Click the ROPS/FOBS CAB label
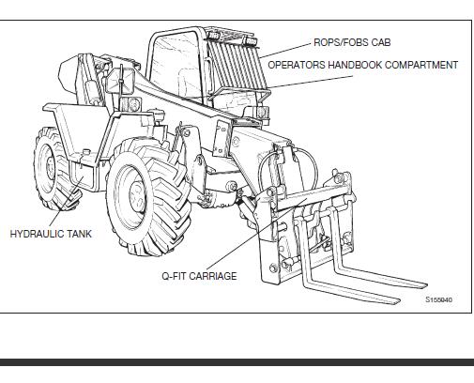[x=352, y=42]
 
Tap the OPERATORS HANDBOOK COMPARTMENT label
[x=363, y=65]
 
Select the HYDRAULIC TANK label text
[x=51, y=234]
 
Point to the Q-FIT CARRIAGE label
[x=199, y=276]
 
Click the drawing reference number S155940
[x=438, y=299]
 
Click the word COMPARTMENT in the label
[x=421, y=65]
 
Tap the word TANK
[x=78, y=234]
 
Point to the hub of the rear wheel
[x=50, y=167]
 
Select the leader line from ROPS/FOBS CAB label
[x=285, y=51]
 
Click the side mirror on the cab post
[x=120, y=81]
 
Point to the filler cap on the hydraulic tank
[x=84, y=152]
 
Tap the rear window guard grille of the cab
[x=237, y=64]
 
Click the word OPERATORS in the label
[x=297, y=65]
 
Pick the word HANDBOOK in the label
[x=355, y=65]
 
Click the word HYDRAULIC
[x=36, y=234]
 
